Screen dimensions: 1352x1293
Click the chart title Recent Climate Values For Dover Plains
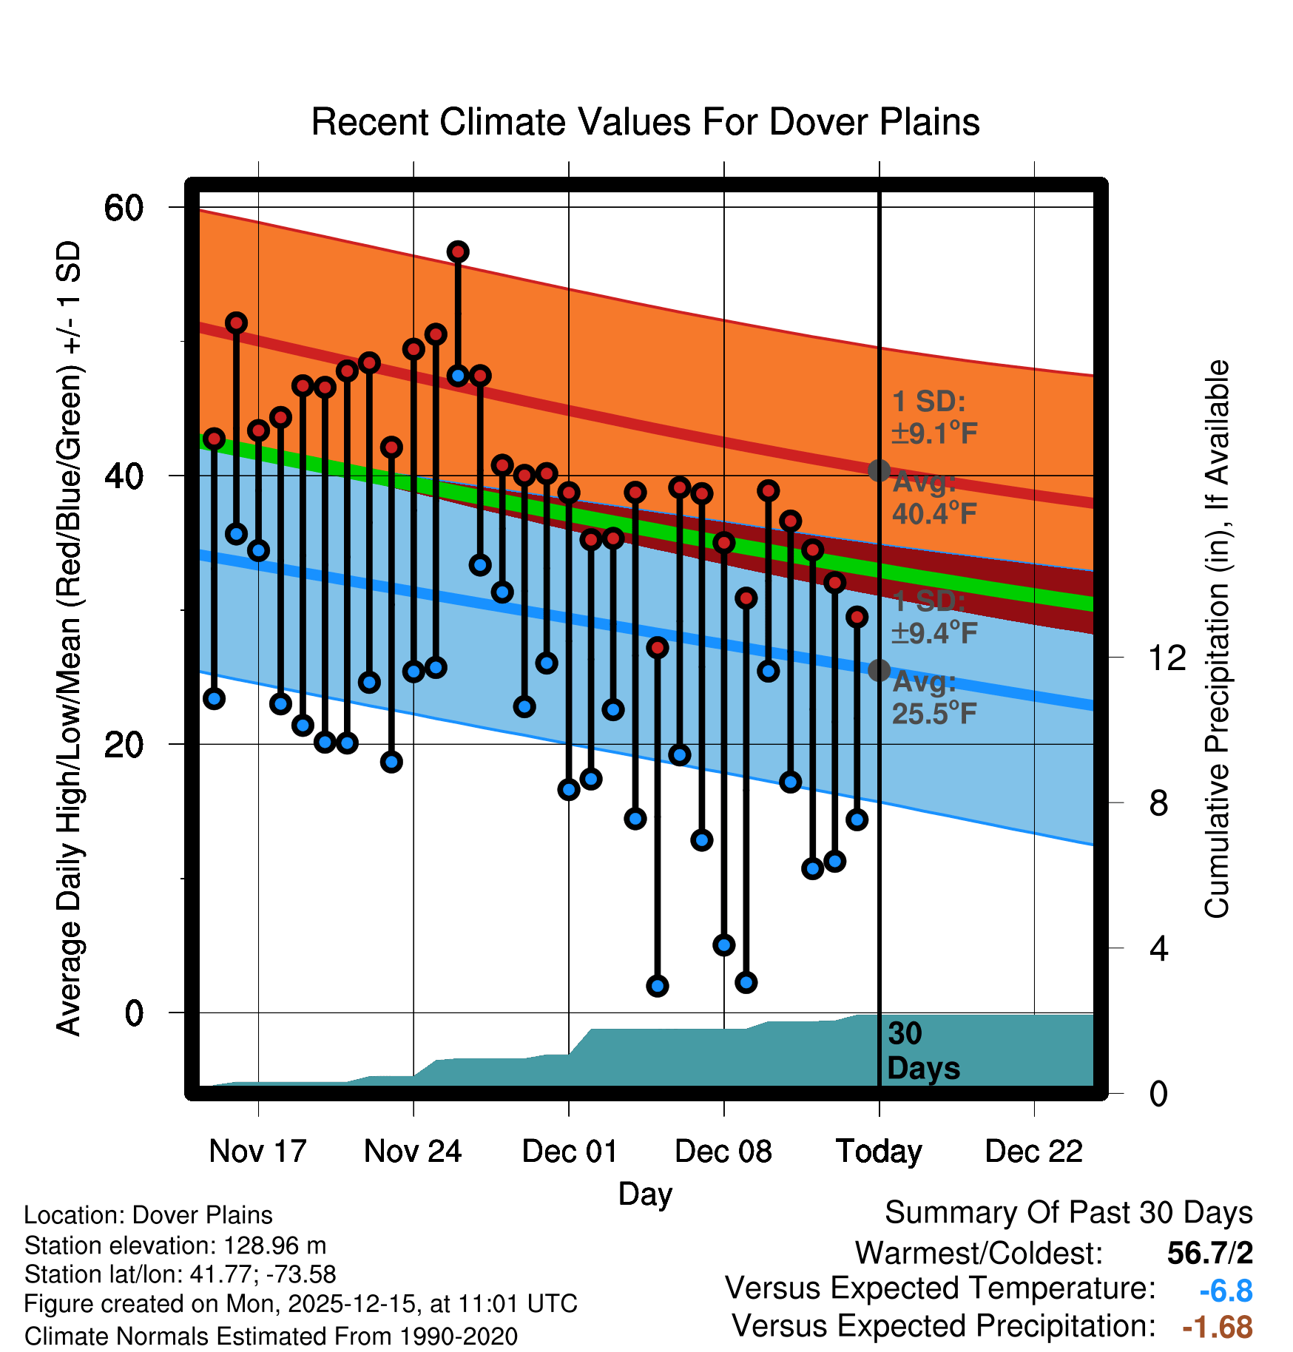click(645, 122)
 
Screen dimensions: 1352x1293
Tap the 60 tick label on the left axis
click(124, 208)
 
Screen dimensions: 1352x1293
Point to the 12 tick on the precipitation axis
click(1167, 658)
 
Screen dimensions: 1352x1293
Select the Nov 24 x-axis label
click(413, 1151)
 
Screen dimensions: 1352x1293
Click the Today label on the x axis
click(879, 1151)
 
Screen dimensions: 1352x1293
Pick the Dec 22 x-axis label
click(1033, 1151)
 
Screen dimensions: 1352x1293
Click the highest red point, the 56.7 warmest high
click(458, 251)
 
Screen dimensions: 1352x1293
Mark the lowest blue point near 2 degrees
click(658, 986)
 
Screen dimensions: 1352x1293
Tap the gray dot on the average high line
click(879, 470)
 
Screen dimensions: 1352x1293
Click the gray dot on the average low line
click(879, 670)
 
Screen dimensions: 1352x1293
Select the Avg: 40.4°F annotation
click(934, 498)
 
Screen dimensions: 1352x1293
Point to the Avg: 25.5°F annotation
click(934, 697)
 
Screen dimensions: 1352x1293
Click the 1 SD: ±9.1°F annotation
click(934, 417)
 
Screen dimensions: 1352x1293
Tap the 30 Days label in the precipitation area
click(922, 1051)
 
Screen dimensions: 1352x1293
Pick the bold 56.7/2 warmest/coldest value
click(1209, 1253)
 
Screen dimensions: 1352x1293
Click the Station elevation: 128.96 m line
click(175, 1245)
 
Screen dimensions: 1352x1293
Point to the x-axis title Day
click(645, 1194)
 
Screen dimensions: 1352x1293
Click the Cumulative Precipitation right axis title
click(1217, 639)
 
